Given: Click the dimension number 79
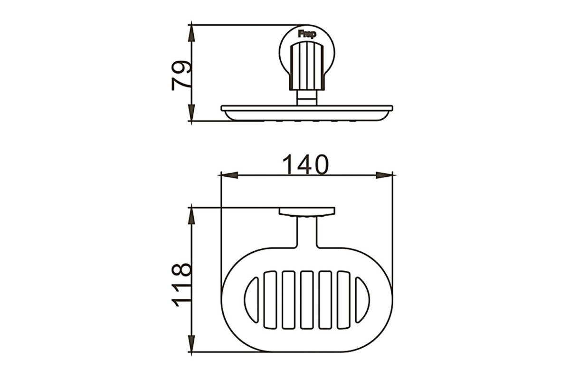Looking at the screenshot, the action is click(181, 76).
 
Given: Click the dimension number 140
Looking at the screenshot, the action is click(305, 165).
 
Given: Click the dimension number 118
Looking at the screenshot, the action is click(181, 285).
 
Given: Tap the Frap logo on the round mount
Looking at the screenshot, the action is click(307, 34).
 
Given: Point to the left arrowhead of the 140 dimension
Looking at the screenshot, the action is click(229, 175).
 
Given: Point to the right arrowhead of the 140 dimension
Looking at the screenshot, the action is click(384, 175).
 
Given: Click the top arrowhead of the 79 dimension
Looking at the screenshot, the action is click(191, 34).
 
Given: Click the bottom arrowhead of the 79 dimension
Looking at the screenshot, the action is click(191, 113).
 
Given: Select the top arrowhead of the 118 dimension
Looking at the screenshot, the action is click(191, 216).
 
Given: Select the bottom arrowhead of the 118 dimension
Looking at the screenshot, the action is click(191, 343).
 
